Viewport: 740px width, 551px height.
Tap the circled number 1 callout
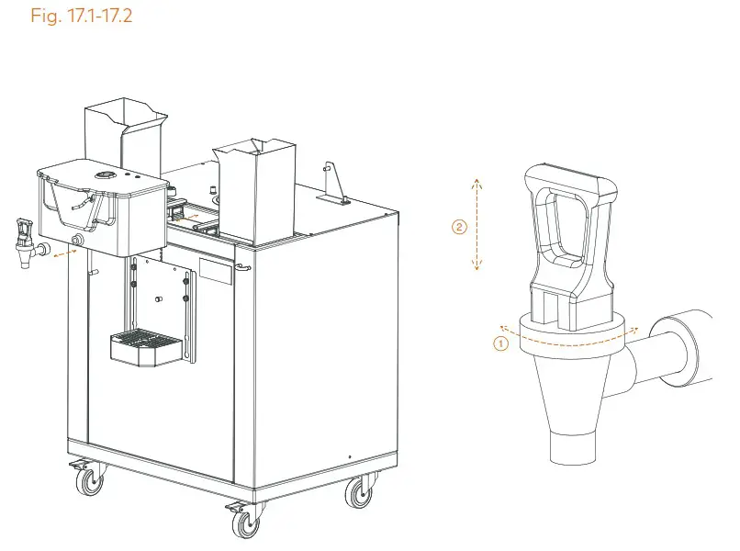click(500, 343)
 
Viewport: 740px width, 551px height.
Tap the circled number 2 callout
click(460, 226)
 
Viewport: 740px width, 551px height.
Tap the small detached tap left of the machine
click(26, 241)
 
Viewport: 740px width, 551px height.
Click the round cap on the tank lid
click(108, 174)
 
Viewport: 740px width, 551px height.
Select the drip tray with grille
click(145, 346)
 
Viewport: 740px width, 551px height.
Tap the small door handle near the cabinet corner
click(242, 268)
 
